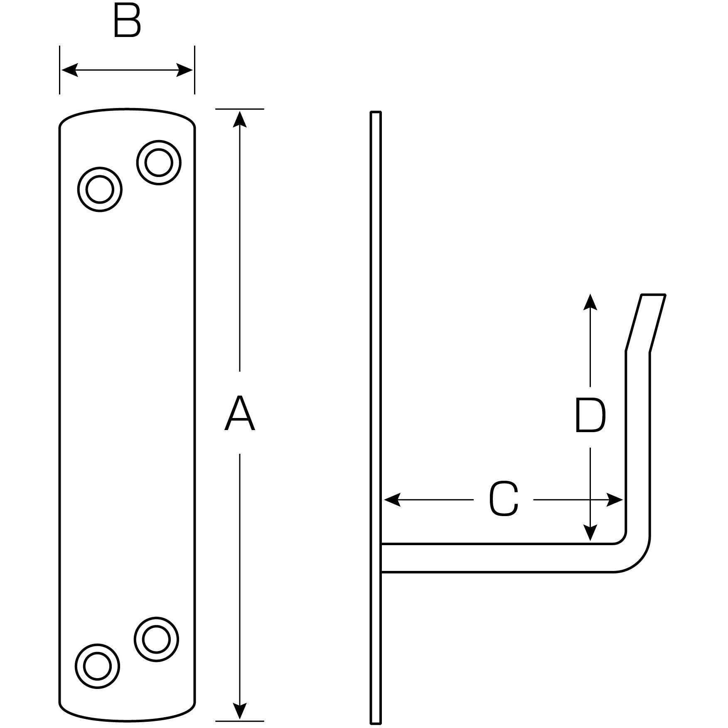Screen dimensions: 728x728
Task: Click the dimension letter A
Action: pyautogui.click(x=239, y=413)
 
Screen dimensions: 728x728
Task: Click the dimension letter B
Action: pyautogui.click(x=127, y=22)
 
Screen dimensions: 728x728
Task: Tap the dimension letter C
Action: pyautogui.click(x=504, y=499)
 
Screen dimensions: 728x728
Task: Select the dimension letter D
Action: pyautogui.click(x=590, y=416)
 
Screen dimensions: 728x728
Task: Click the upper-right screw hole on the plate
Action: pyautogui.click(x=159, y=162)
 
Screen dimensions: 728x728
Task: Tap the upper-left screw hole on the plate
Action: pyautogui.click(x=100, y=189)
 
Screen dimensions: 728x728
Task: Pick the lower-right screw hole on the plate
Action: pyautogui.click(x=157, y=639)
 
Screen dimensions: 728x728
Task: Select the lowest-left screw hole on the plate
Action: pyautogui.click(x=97, y=666)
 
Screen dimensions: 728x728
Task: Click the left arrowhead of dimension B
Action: pyautogui.click(x=69, y=70)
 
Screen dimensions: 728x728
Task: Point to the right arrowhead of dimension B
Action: pyautogui.click(x=185, y=70)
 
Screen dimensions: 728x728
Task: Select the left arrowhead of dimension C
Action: pyautogui.click(x=392, y=499)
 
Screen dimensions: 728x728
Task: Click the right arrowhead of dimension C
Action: pyautogui.click(x=615, y=499)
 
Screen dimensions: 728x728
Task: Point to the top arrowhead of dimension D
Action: pyautogui.click(x=590, y=302)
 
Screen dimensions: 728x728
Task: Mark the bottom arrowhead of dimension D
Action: pyautogui.click(x=590, y=533)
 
